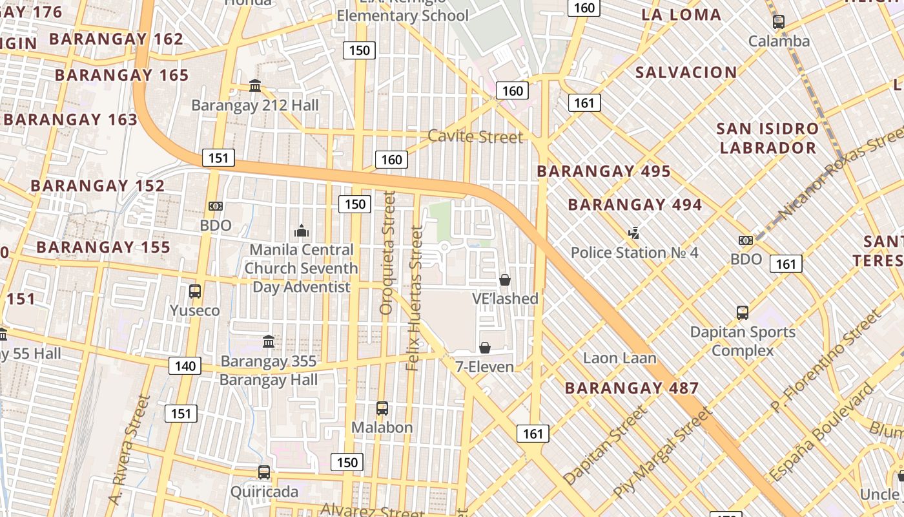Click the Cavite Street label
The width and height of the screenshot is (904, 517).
click(475, 137)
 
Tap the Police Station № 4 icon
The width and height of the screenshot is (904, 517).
click(634, 233)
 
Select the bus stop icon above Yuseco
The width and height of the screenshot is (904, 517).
click(195, 291)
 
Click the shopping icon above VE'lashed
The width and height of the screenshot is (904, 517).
click(505, 280)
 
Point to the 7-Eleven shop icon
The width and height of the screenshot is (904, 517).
click(485, 348)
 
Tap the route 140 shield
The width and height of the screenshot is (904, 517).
click(185, 366)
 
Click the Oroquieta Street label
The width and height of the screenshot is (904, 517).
click(387, 253)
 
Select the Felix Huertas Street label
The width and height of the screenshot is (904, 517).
click(416, 298)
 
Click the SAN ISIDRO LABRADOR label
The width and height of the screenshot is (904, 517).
click(768, 138)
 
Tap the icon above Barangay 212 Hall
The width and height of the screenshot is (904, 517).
click(255, 86)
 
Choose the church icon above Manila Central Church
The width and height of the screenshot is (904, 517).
click(301, 231)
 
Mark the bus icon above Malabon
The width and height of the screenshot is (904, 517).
click(382, 408)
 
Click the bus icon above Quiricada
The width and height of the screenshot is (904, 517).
click(264, 472)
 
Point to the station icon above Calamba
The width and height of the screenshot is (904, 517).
click(779, 22)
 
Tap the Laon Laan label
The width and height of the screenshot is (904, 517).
click(619, 358)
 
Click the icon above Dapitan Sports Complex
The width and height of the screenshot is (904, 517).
click(743, 313)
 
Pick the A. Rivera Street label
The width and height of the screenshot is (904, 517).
click(125, 450)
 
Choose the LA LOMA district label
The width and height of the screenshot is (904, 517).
click(681, 15)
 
